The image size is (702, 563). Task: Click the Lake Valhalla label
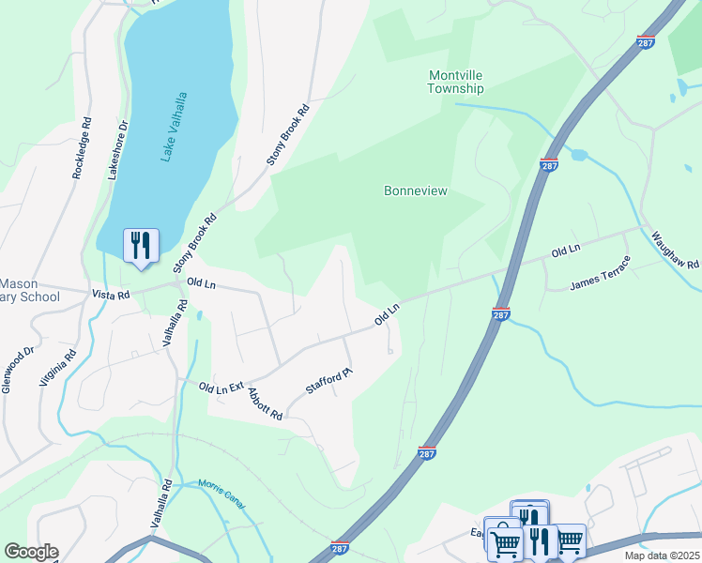pyautogui.click(x=175, y=127)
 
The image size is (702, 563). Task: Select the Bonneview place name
pyautogui.click(x=416, y=190)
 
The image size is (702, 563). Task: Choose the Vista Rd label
pyautogui.click(x=110, y=294)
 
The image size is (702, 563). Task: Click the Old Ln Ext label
pyautogui.click(x=221, y=387)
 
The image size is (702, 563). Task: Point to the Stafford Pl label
pyautogui.click(x=328, y=381)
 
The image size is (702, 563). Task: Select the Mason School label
pyautogui.click(x=29, y=290)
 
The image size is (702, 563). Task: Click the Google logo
pyautogui.click(x=31, y=552)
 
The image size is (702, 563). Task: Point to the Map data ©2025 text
pyautogui.click(x=662, y=555)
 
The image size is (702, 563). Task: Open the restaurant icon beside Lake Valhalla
pyautogui.click(x=141, y=246)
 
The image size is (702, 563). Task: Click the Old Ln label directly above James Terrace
pyautogui.click(x=566, y=251)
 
